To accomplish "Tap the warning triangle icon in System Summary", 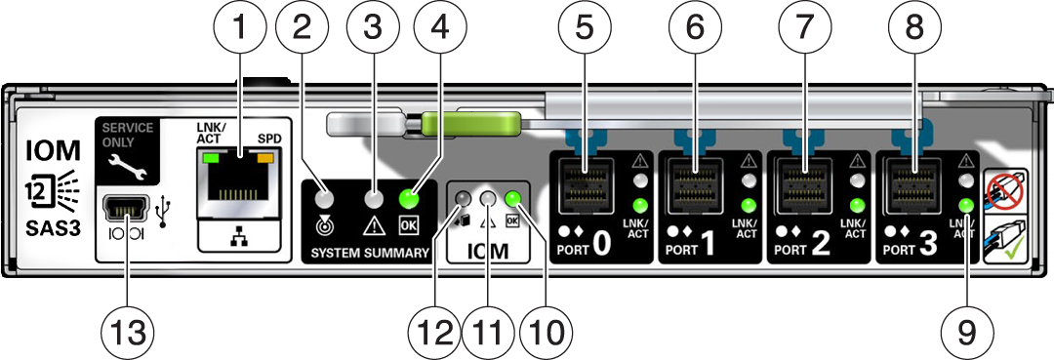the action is point(373,225).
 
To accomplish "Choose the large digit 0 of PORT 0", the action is point(600,246).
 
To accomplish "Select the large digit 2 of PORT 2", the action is point(820,246).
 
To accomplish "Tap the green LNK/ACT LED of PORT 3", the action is point(966,205).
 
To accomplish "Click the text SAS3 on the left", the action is point(54,229).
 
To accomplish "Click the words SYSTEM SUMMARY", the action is point(370,254).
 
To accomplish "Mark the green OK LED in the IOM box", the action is point(513,198).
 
